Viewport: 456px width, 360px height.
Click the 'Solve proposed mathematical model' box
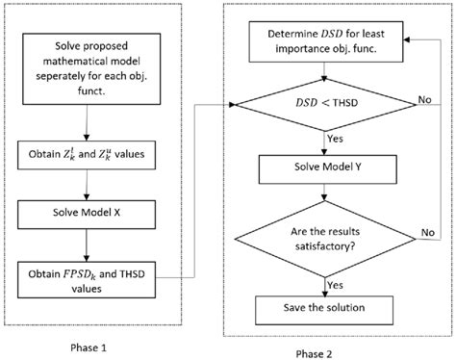coord(88,64)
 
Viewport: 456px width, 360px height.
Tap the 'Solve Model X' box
coord(88,211)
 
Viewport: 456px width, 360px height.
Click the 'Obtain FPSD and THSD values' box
coord(88,273)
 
